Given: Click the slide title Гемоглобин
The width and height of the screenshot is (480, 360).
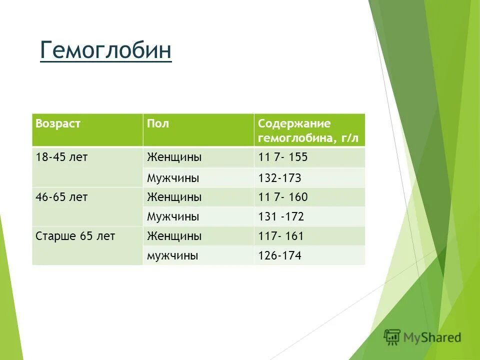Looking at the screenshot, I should (x=105, y=50).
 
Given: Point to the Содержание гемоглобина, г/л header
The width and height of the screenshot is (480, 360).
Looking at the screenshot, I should (x=308, y=130).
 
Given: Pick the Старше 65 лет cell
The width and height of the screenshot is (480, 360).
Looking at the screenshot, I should (x=75, y=236).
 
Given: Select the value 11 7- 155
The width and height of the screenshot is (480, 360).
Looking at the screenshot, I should (x=282, y=157).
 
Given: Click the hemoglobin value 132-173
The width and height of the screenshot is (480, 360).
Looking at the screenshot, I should (x=279, y=178).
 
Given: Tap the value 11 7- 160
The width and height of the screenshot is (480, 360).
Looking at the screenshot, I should (x=282, y=197).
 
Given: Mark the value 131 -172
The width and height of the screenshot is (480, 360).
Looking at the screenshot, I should (x=280, y=217).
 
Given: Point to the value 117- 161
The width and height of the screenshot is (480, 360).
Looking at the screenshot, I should (x=280, y=236).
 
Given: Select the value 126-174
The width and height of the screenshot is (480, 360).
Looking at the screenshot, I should (x=279, y=256).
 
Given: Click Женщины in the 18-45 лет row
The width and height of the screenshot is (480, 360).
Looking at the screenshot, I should (x=174, y=157).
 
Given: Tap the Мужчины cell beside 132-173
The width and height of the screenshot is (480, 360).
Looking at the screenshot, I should (x=173, y=178).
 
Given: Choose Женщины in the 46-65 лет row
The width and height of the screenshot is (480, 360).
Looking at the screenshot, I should (x=174, y=197).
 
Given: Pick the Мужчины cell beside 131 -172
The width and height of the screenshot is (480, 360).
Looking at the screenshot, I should (x=173, y=217).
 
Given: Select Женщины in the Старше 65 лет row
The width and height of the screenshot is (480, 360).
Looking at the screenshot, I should (x=174, y=236).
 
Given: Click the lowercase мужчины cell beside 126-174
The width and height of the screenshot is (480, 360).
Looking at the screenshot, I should (x=172, y=256).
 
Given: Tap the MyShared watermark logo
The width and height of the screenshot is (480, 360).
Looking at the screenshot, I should (x=422, y=337).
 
